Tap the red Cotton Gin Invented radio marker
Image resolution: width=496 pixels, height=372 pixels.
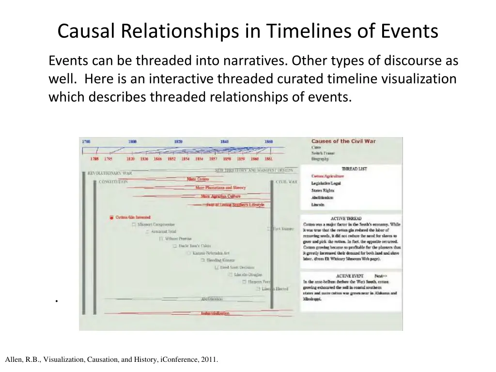pyautogui.click(x=111, y=217)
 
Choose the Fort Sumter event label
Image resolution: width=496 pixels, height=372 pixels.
pyautogui.click(x=283, y=228)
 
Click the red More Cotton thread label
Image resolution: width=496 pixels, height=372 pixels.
pyautogui.click(x=198, y=179)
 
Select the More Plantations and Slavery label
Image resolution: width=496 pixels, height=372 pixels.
pyautogui.click(x=220, y=187)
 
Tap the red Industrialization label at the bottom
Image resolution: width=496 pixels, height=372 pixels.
pyautogui.click(x=215, y=313)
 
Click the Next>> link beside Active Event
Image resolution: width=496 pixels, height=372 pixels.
pyautogui.click(x=381, y=276)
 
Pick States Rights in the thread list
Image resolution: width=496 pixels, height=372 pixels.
pyautogui.click(x=323, y=190)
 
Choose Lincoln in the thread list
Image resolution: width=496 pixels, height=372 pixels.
pyautogui.click(x=318, y=204)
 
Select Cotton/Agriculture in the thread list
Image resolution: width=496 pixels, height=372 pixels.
pyautogui.click(x=327, y=176)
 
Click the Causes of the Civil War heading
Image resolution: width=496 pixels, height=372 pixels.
pyautogui.click(x=343, y=141)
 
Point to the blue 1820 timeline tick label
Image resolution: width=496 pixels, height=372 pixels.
pyautogui.click(x=178, y=142)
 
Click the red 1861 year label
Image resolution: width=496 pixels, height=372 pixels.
pyautogui.click(x=268, y=158)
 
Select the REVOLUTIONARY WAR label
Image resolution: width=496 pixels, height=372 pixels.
pyautogui.click(x=109, y=172)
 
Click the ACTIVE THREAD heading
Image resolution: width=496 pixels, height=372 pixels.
pyautogui.click(x=346, y=218)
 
